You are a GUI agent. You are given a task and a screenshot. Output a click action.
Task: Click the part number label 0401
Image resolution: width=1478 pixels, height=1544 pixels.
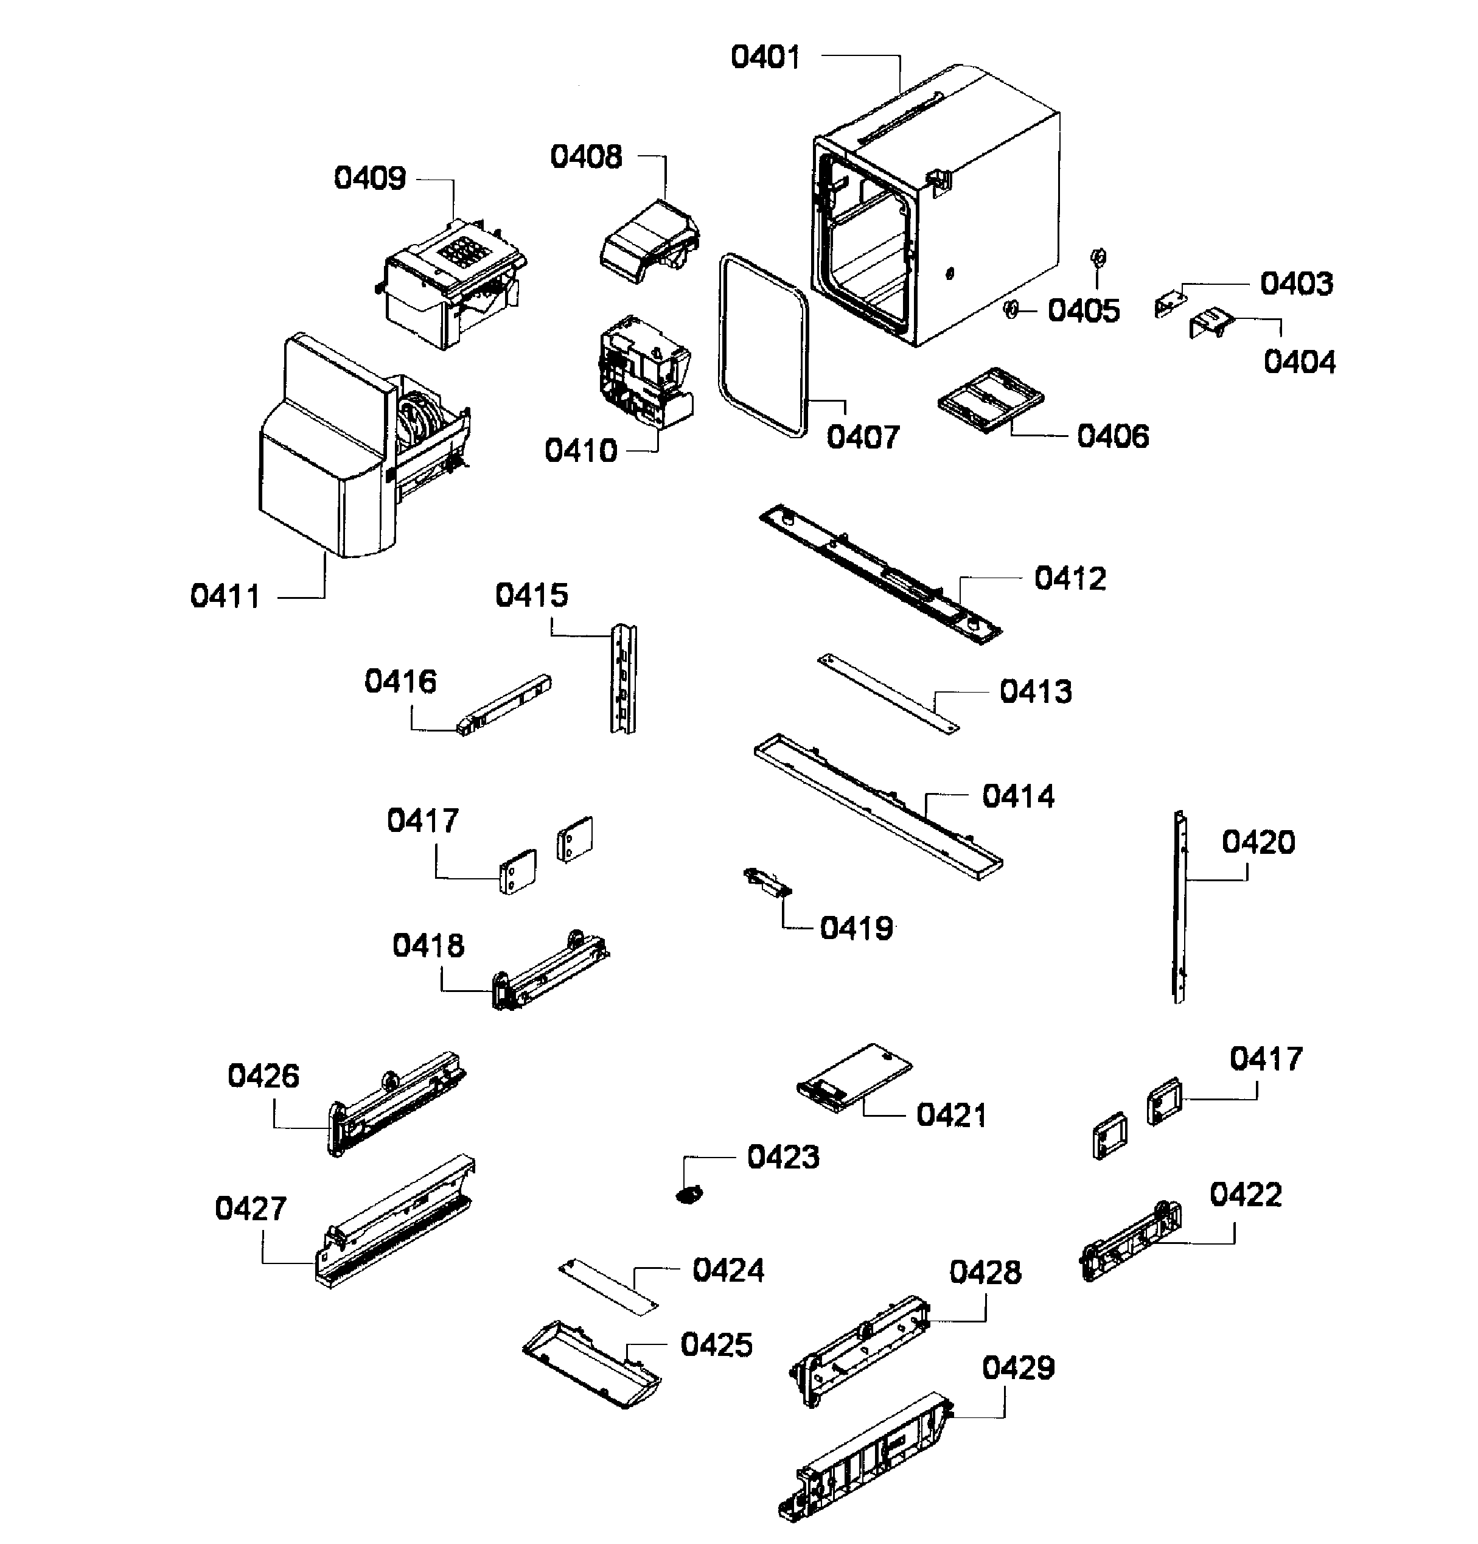[x=765, y=57]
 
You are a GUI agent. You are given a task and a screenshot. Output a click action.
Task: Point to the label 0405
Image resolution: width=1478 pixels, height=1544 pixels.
[x=1082, y=311]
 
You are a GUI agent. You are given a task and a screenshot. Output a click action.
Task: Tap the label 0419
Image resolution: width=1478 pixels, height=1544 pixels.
[x=856, y=929]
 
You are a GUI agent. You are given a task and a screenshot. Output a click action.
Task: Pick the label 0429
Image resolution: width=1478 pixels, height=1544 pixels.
[x=1017, y=1368]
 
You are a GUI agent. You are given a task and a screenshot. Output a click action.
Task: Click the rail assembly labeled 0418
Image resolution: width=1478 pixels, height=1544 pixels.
[x=549, y=971]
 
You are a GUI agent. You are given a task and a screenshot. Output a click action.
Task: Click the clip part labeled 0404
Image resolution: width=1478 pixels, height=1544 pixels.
[x=1213, y=323]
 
